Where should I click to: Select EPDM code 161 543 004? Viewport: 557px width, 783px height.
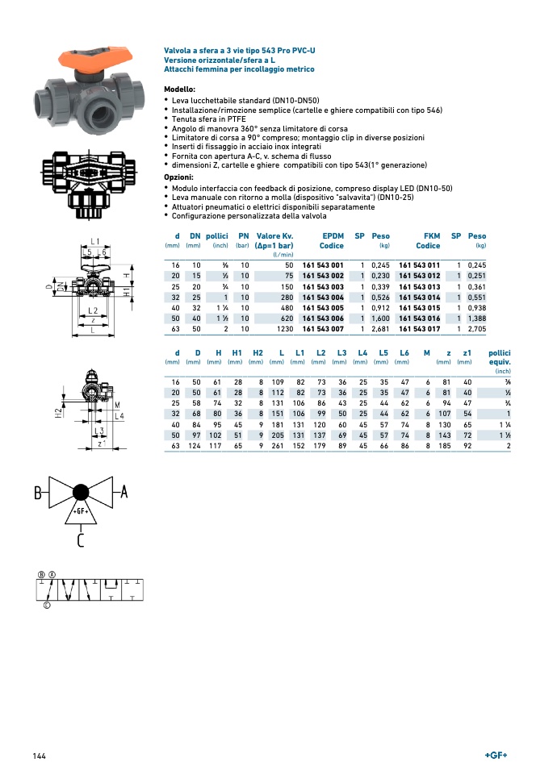pos(323,297)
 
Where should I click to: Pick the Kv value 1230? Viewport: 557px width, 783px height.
pos(283,328)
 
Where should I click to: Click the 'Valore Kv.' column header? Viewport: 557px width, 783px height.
pos(274,235)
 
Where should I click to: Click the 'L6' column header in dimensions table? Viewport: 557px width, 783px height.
pos(404,352)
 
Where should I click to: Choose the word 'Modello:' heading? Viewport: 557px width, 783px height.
pos(179,89)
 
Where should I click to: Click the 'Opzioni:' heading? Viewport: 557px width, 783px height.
pos(178,177)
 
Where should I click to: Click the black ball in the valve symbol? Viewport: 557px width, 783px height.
pos(81,493)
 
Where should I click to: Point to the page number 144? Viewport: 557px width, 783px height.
pos(40,756)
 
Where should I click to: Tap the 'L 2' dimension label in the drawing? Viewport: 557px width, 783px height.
pos(93,310)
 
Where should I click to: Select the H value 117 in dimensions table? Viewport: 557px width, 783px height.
pos(216,445)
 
